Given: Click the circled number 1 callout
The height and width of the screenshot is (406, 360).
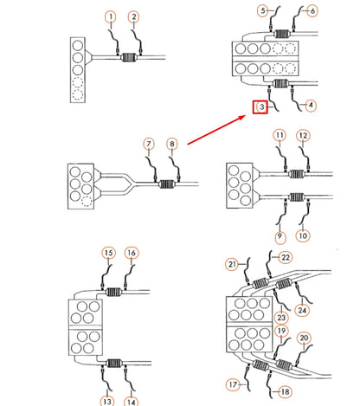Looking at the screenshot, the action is [x=111, y=17].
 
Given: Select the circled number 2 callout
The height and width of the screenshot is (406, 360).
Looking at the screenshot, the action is [x=133, y=17].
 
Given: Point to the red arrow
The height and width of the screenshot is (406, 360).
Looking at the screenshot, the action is [x=216, y=130].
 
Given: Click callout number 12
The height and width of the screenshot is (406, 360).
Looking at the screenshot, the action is [x=303, y=136].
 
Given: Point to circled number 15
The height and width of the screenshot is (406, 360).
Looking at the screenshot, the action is [x=108, y=253].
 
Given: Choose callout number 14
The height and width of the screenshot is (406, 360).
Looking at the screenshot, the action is [x=132, y=402].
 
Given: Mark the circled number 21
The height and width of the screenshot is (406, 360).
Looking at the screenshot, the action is [x=232, y=264].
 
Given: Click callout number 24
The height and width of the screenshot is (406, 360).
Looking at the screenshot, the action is [x=302, y=310].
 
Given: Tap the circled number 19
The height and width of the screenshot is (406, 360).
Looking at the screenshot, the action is [x=282, y=331].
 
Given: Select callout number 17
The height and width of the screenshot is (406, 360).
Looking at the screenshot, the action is [x=233, y=384].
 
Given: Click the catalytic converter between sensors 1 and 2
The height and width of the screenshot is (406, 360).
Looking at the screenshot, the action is [x=129, y=58].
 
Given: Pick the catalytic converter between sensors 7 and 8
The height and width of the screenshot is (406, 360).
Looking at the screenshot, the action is [x=167, y=184].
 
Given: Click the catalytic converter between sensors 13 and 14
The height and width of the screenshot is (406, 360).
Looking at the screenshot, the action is [x=113, y=364].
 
